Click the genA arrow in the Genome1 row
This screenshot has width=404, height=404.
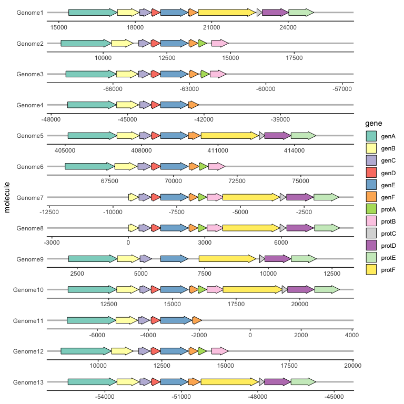(x=93, y=12)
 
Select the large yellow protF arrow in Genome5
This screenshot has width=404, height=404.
(x=229, y=136)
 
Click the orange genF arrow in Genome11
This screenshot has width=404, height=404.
(x=197, y=320)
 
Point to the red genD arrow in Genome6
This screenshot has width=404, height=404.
(x=155, y=167)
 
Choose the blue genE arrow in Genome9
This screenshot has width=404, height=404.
(x=174, y=259)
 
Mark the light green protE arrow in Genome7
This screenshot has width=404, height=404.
(x=326, y=197)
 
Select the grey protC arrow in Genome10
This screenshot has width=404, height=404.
(x=285, y=290)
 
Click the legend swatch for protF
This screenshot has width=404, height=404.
(x=371, y=270)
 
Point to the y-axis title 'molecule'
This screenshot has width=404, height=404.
(x=7, y=197)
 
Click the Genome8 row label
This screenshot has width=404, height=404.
(x=30, y=228)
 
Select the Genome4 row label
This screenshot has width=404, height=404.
(x=30, y=105)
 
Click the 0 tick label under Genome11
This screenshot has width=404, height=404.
(x=250, y=335)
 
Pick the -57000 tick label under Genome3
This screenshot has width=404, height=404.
(x=342, y=89)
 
